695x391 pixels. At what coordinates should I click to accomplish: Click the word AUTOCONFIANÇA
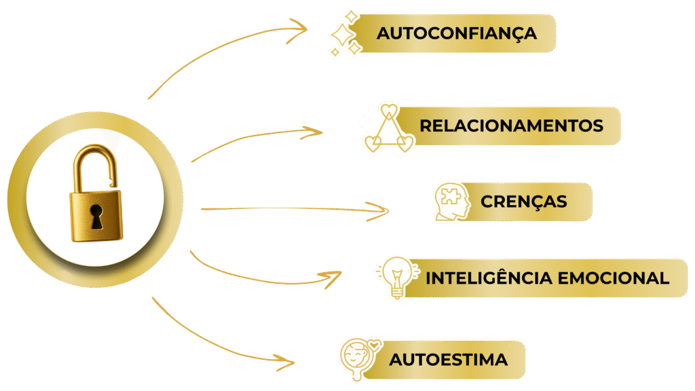click(x=457, y=33)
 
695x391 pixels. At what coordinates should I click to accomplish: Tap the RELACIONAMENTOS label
click(x=511, y=126)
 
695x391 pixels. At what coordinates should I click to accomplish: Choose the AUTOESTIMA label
click(x=448, y=359)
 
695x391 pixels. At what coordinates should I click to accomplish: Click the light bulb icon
click(x=394, y=278)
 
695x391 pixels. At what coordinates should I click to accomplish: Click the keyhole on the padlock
click(x=97, y=216)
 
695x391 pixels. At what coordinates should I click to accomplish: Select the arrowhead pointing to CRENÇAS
click(x=383, y=210)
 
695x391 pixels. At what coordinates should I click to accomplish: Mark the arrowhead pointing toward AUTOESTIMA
click(x=288, y=360)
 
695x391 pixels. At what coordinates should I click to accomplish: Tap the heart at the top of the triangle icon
click(x=388, y=109)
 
